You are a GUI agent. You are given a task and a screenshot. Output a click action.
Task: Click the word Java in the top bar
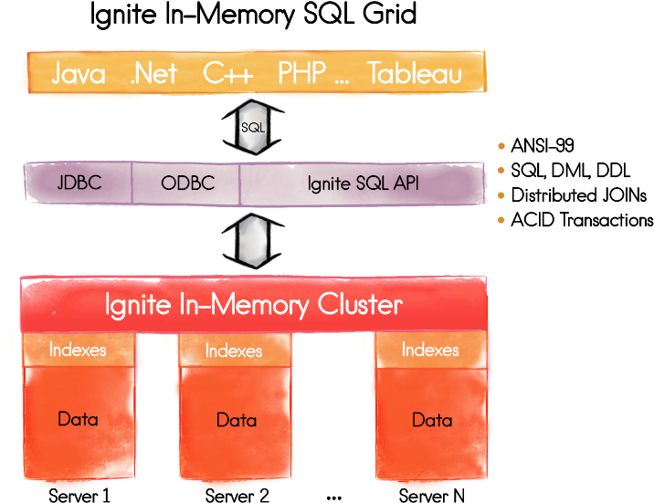pos(78,74)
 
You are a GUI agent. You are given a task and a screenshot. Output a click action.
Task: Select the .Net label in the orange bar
pos(153,74)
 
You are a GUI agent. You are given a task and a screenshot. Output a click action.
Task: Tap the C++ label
pos(227,74)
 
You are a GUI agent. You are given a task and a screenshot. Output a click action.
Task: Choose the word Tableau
pos(415,74)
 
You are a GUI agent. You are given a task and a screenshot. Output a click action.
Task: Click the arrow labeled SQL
pos(252,128)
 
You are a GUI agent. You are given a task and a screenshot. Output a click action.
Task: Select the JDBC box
pos(79,183)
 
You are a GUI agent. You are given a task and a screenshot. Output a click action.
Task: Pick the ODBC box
pos(187,183)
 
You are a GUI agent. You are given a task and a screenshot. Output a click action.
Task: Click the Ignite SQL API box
pos(364,183)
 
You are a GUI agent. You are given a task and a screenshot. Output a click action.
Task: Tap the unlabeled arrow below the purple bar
pos(252,240)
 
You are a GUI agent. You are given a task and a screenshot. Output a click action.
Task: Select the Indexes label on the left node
pos(78,350)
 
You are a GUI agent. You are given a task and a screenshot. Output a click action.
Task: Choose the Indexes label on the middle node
pos(234,351)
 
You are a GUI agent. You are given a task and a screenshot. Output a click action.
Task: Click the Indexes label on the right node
pos(430,350)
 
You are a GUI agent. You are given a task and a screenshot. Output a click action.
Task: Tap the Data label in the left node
pos(78,420)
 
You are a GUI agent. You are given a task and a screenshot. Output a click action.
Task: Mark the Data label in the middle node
pos(237,421)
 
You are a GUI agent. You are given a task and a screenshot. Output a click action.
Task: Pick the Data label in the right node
pos(432,420)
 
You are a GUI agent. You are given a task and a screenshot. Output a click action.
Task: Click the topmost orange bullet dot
pos(501,145)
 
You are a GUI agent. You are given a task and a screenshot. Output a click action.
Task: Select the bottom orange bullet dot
pos(501,219)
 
